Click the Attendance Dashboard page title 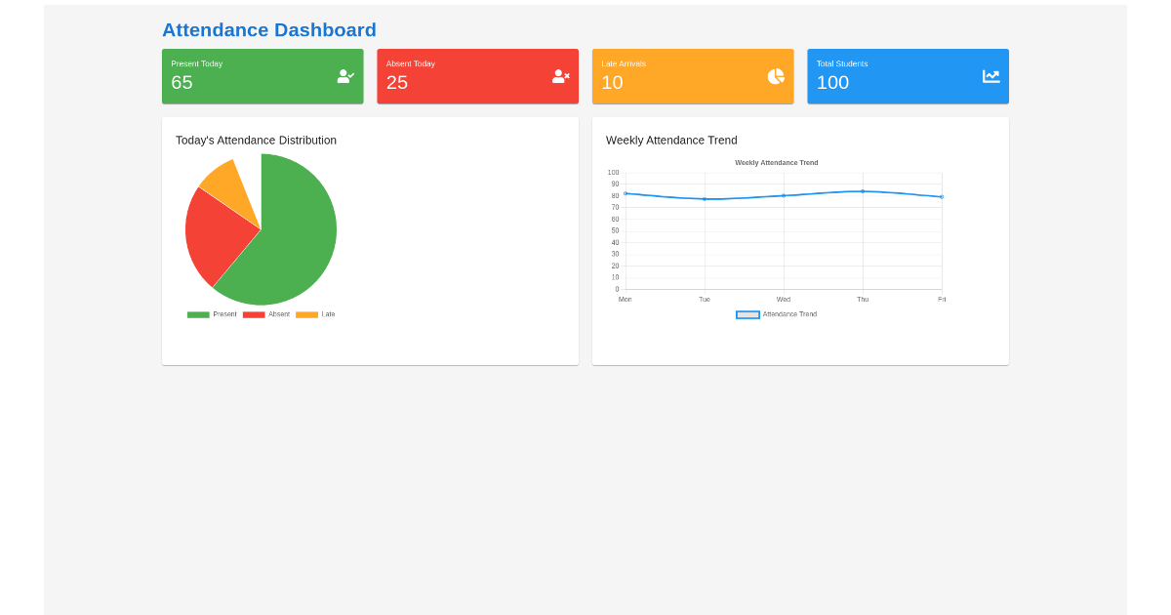(268, 30)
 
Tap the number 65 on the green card (182, 83)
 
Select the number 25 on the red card (397, 83)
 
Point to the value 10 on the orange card (612, 83)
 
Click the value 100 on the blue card (832, 83)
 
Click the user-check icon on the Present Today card (345, 76)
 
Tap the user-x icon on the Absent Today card (560, 76)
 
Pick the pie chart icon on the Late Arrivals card (776, 76)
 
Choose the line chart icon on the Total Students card (990, 76)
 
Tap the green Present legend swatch (198, 314)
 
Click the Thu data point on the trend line (863, 191)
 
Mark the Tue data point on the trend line (705, 199)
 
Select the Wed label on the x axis (784, 299)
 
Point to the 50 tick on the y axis (615, 230)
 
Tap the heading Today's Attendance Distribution (256, 141)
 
